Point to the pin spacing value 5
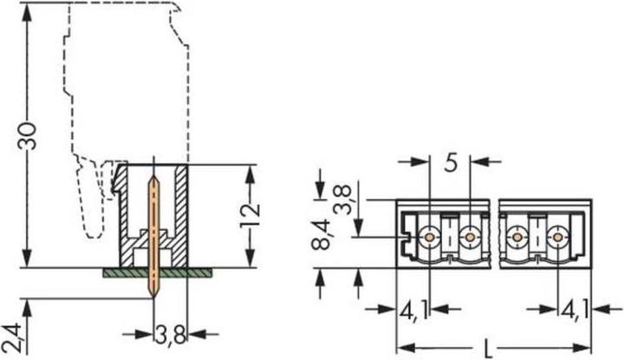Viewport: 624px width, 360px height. click(451, 162)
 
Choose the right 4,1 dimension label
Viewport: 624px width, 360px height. click(575, 310)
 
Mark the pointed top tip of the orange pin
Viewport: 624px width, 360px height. click(154, 180)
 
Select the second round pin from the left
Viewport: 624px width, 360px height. click(469, 236)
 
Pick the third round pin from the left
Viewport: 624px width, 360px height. click(517, 236)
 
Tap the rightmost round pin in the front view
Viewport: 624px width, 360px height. click(556, 236)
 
